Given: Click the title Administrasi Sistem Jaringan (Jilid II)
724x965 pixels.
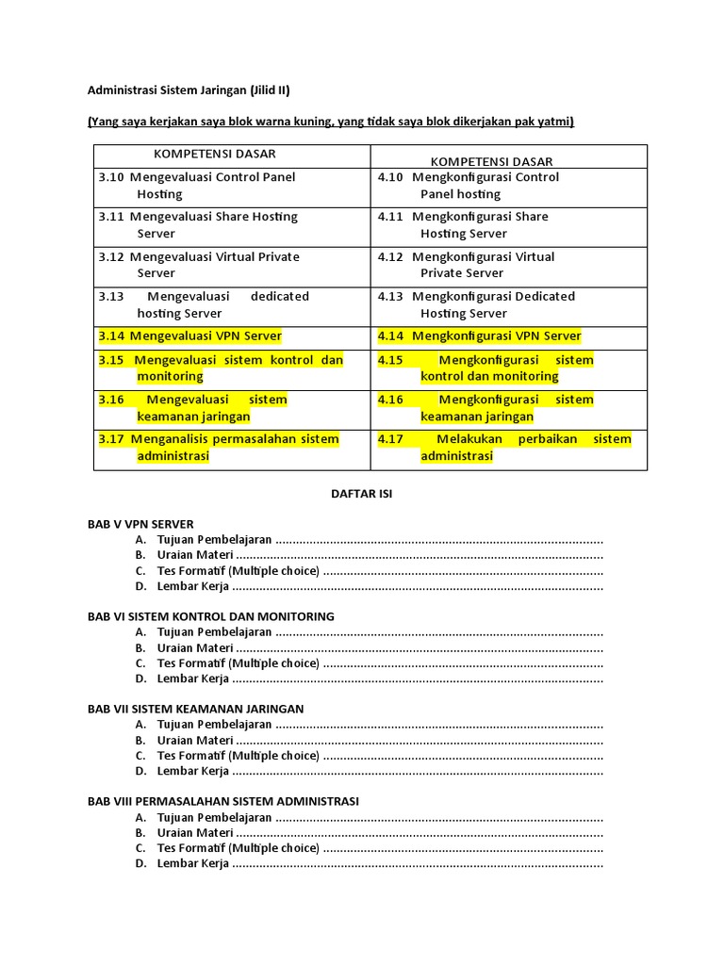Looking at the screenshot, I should [x=189, y=90].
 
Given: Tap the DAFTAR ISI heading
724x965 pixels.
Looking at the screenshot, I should [x=361, y=494].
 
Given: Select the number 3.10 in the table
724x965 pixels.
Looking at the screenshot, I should [x=111, y=177].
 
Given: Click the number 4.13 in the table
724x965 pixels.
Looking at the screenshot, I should [x=390, y=296].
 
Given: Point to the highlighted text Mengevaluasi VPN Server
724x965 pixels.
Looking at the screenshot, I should [x=206, y=335].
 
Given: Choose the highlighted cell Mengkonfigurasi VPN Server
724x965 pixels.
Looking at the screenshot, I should [x=497, y=335].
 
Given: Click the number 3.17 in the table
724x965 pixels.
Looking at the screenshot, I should [x=111, y=439].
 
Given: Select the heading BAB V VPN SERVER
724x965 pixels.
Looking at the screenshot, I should [x=140, y=524].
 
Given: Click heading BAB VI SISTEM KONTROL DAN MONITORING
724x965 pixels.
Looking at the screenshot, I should [x=211, y=616].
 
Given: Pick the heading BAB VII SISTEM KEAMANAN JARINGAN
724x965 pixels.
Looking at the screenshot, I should [x=196, y=709].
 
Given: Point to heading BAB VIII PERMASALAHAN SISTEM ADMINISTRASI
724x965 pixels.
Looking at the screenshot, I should [x=223, y=801].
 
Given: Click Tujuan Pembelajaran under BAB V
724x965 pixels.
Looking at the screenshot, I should [x=215, y=540].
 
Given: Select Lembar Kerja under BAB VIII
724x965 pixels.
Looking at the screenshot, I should [x=193, y=863].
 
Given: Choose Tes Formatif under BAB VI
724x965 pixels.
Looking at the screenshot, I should [x=239, y=663].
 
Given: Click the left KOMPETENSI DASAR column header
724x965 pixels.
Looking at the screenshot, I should [x=215, y=154].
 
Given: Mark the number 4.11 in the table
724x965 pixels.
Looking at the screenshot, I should [x=390, y=217].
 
